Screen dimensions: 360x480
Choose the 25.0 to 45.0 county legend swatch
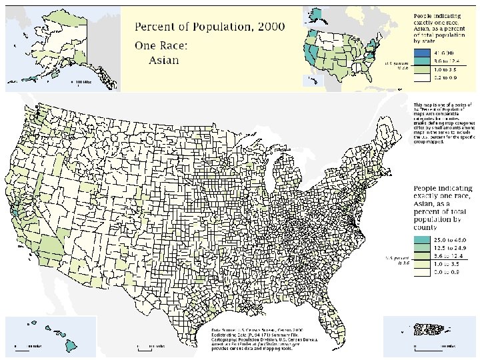pos(422,239)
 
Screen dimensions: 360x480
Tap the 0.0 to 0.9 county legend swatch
pos(422,272)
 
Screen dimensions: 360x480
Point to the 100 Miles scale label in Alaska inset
pos(83,82)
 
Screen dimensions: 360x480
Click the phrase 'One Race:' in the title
pos(159,46)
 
